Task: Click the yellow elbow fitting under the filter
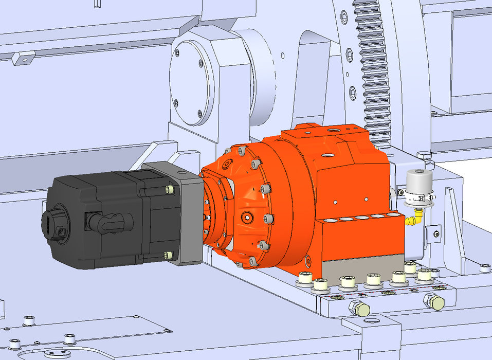coord(412,221)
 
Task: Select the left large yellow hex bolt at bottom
coord(358,309)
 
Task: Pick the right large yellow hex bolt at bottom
coord(435,301)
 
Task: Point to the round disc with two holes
coord(57,353)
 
